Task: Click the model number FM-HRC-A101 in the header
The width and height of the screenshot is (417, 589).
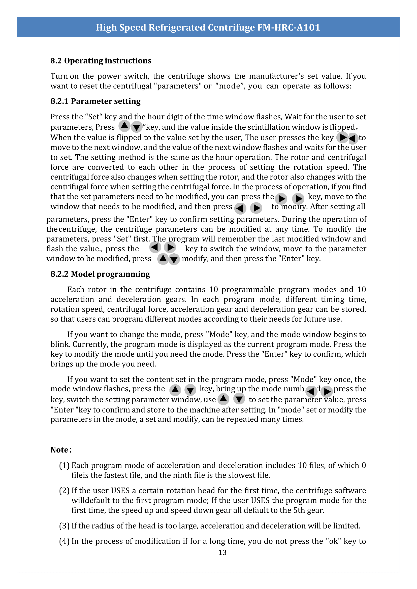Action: coord(288,27)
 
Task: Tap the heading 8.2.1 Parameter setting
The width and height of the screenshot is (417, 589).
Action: coord(95,101)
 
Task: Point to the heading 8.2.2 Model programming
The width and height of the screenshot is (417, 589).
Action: coord(100,274)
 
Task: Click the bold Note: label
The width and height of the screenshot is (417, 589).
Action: coord(61,450)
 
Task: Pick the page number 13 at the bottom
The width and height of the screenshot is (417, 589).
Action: coord(222,552)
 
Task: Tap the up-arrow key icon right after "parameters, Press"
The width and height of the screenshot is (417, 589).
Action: coord(124,126)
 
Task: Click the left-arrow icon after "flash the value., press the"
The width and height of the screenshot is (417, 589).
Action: coord(155,247)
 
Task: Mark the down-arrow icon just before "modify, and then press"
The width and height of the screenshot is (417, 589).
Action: coord(174,259)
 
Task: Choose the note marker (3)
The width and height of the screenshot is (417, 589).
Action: coord(64,526)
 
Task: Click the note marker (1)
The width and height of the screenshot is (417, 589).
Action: coord(64,465)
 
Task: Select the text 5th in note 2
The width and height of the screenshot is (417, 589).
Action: coord(299,510)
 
